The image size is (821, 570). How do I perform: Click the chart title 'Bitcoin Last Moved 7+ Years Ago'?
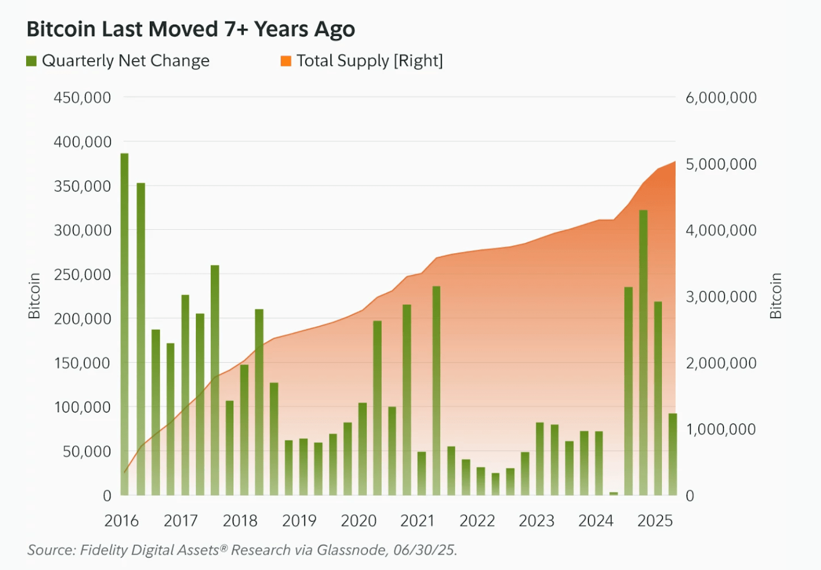coord(190,29)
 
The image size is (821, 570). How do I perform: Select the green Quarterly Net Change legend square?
coord(32,61)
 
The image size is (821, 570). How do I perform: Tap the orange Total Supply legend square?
coord(286,61)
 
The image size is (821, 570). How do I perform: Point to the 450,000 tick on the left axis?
coord(82,98)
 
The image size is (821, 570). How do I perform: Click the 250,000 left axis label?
coord(82,275)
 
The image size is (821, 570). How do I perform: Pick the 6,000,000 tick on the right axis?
coord(721,98)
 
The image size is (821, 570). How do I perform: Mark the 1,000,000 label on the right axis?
coord(721,429)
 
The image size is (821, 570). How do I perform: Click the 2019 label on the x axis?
coord(299,521)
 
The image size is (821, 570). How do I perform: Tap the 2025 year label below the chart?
coord(655,521)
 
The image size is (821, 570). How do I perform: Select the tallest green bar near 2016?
coord(125,324)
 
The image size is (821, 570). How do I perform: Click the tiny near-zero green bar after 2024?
coord(614,493)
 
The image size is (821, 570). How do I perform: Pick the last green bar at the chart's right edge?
coord(673,454)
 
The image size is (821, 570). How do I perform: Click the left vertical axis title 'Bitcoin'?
coord(34,296)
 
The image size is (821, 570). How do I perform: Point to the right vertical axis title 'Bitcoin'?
coord(775,296)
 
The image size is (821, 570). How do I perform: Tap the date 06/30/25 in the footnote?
coord(424,550)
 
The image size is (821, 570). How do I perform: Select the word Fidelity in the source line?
coord(103,550)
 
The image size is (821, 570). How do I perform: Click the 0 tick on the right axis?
coord(690,496)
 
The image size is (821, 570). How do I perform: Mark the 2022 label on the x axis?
coord(477,521)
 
